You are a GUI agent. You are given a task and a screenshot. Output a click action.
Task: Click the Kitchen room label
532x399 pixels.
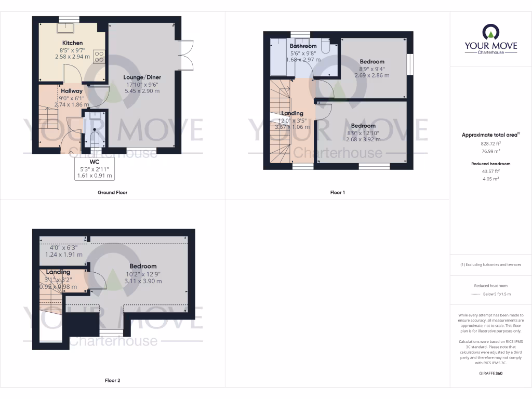click(x=72, y=43)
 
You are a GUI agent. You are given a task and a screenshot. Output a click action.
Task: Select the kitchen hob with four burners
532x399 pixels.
click(x=98, y=56)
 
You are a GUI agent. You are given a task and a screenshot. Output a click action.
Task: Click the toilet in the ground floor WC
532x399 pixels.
click(x=95, y=138)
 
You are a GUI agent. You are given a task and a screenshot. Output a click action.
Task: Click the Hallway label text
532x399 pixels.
click(x=72, y=91)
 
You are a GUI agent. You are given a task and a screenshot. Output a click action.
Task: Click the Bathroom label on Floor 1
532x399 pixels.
click(x=303, y=46)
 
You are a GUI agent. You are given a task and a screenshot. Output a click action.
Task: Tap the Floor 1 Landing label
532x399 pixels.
click(x=292, y=113)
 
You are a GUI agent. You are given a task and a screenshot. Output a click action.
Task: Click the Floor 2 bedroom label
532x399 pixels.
click(x=143, y=267)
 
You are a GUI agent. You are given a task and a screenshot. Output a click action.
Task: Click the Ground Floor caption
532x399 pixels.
click(x=112, y=192)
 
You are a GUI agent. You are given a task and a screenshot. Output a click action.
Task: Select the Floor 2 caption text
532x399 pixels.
click(x=112, y=380)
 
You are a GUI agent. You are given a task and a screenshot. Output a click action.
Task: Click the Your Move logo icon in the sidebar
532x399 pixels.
click(x=490, y=32)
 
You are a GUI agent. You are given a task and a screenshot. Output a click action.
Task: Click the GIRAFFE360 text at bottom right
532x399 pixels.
click(x=490, y=373)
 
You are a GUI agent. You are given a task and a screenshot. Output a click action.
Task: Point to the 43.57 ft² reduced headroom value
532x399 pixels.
click(x=490, y=171)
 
